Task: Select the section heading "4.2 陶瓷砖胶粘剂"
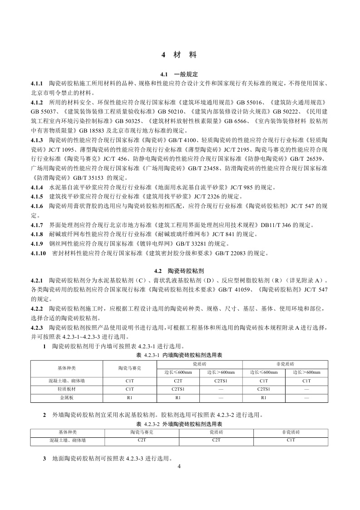click(179, 270)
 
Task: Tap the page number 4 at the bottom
click(179, 466)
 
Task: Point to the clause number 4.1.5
click(37, 196)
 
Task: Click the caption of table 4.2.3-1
click(179, 354)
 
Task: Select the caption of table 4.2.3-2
click(179, 424)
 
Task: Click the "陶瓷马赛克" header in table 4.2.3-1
click(129, 368)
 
